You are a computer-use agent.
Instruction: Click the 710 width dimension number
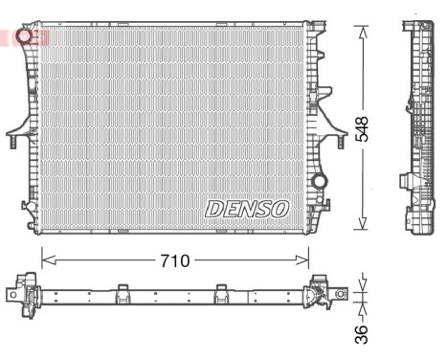[173, 259]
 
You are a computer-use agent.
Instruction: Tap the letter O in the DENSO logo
[279, 208]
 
